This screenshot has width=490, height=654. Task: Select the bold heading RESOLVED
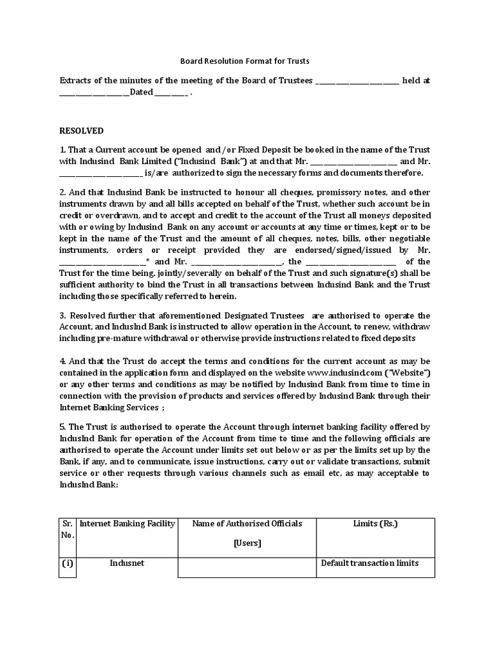tap(81, 131)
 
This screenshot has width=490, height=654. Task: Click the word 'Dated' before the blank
tap(141, 93)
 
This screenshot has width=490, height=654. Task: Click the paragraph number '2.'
tap(63, 192)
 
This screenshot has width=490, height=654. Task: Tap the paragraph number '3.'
tap(63, 316)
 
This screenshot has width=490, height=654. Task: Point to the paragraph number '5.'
tap(63, 427)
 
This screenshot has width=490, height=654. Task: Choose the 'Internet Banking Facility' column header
tap(127, 524)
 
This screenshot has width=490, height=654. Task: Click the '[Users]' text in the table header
tap(247, 544)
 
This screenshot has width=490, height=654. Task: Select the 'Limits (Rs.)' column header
tap(375, 524)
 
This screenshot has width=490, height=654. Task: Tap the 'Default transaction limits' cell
tap(369, 563)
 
